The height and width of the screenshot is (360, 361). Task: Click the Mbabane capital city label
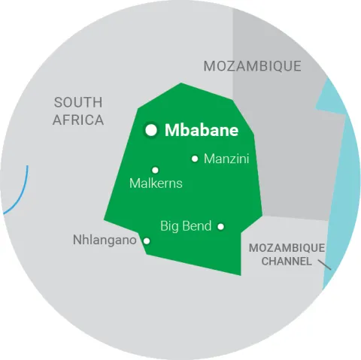pyautogui.click(x=201, y=130)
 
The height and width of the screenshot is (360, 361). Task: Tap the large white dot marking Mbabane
pyautogui.click(x=151, y=130)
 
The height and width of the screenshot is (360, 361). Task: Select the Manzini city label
pyautogui.click(x=226, y=159)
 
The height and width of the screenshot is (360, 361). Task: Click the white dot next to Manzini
pyautogui.click(x=195, y=159)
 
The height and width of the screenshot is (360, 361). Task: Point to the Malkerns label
pyautogui.click(x=156, y=183)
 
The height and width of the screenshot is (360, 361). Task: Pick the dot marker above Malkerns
pyautogui.click(x=156, y=170)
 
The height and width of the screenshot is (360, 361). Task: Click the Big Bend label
pyautogui.click(x=186, y=225)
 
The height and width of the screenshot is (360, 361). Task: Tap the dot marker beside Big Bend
pyautogui.click(x=221, y=225)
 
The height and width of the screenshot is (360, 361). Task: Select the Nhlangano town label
pyautogui.click(x=105, y=241)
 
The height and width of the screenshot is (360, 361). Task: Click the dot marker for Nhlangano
pyautogui.click(x=147, y=241)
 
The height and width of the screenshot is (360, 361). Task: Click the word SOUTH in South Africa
pyautogui.click(x=78, y=102)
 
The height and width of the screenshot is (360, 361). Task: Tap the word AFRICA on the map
pyautogui.click(x=78, y=120)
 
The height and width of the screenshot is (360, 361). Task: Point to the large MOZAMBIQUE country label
pyautogui.click(x=252, y=66)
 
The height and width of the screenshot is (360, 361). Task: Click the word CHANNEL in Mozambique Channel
pyautogui.click(x=286, y=261)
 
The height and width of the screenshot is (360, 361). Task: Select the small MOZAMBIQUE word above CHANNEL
pyautogui.click(x=287, y=248)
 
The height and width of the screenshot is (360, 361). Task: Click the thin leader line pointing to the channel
pyautogui.click(x=324, y=264)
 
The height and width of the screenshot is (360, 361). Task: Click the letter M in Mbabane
pyautogui.click(x=171, y=130)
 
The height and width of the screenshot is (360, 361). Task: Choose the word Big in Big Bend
pyautogui.click(x=170, y=226)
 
